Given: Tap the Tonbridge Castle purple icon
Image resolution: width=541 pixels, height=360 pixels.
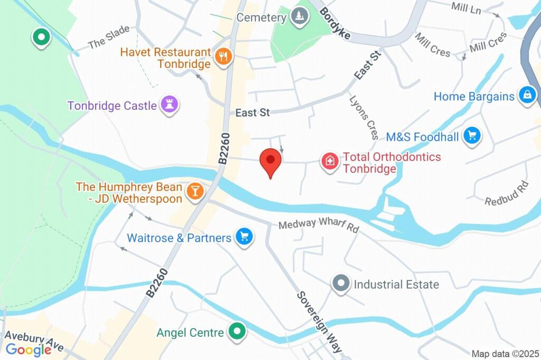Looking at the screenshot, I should (170, 104).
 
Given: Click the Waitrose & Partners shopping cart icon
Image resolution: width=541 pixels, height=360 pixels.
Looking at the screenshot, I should (244, 237).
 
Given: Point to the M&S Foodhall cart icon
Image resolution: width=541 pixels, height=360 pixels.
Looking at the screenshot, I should (472, 136).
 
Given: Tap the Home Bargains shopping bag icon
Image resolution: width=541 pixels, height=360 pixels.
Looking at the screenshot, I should (527, 96).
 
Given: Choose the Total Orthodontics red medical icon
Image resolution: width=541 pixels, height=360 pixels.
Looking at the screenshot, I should (330, 162).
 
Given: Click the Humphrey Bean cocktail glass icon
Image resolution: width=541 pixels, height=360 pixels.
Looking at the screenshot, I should (195, 192).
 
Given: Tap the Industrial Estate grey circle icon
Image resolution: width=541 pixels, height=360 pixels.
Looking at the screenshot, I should (341, 284).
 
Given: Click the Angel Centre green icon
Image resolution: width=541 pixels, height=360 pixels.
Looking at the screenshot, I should (236, 332).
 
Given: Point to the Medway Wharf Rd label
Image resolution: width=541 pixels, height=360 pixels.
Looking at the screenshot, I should (319, 226).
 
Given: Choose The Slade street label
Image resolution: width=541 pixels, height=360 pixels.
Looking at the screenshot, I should (109, 37).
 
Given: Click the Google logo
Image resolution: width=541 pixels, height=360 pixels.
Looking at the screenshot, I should (29, 349).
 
